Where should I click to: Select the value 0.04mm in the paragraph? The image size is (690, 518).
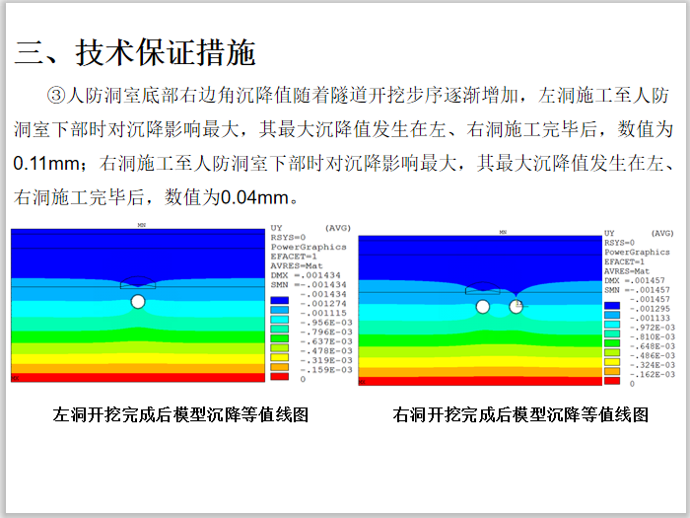(x=255, y=197)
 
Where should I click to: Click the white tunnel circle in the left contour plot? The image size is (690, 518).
(x=138, y=300)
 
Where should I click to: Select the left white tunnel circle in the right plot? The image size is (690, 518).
(x=482, y=307)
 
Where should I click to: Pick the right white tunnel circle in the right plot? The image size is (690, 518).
(x=516, y=307)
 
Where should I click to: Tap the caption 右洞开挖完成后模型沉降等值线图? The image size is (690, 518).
(x=520, y=414)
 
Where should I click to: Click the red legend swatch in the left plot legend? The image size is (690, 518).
(x=279, y=377)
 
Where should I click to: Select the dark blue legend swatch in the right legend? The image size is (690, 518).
(x=612, y=300)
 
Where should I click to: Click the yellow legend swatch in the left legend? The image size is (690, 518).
(x=279, y=347)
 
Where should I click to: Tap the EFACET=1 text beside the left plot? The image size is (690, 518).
(x=291, y=257)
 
